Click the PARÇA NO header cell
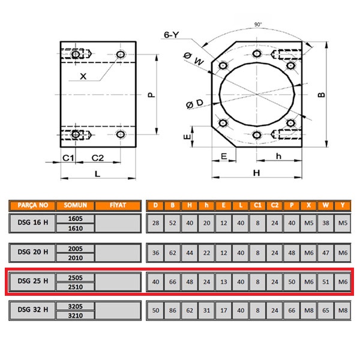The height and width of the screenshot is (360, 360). click(32, 205)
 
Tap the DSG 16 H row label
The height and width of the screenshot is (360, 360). click(32, 224)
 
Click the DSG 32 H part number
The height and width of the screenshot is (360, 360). click(32, 311)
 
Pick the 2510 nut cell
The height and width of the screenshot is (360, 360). click(75, 287)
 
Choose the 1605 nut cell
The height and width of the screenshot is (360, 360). click(75, 220)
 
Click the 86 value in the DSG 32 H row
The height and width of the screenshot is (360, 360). click(172, 311)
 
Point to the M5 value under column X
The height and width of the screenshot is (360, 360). click(308, 224)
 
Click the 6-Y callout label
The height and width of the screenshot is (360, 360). click(172, 35)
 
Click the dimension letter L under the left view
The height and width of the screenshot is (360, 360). click(98, 174)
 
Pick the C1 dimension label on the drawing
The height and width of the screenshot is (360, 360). click(68, 158)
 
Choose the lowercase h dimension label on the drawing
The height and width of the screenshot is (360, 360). click(278, 156)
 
